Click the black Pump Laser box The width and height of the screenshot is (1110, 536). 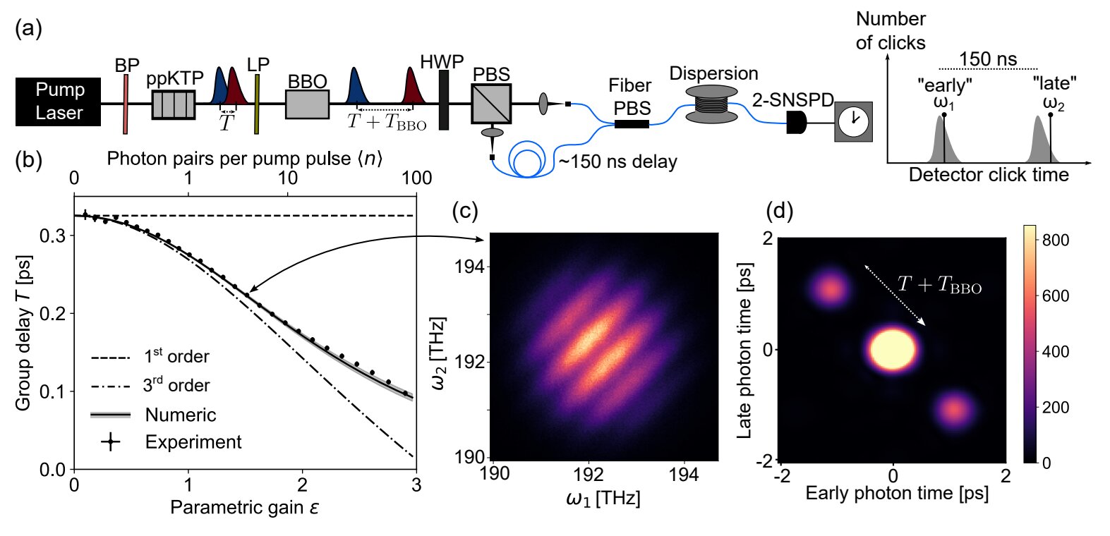pos(59,102)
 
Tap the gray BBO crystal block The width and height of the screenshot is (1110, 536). pos(307,104)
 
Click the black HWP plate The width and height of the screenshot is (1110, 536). pos(443,99)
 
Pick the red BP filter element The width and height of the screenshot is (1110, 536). pos(126,104)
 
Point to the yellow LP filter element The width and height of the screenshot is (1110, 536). pos(257,104)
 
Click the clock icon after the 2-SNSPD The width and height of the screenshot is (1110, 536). pos(853,121)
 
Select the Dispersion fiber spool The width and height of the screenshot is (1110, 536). pos(712,102)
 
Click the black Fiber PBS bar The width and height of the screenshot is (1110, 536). pos(632,124)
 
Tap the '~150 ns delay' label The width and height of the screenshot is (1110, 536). pos(617,162)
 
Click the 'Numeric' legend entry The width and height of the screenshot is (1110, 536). pos(180,415)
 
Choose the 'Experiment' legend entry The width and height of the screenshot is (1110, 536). pos(193,442)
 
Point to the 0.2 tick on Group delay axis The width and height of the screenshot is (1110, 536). pos(54,313)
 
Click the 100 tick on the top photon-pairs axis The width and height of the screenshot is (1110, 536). pos(416,178)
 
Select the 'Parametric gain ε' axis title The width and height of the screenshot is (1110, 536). pos(244,506)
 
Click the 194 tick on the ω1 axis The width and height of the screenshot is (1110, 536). pos(683,474)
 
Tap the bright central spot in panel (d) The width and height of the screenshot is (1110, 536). pos(893,348)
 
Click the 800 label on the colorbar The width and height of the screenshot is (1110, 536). pos(1056,240)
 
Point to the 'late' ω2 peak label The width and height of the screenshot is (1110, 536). pos(1054,93)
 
